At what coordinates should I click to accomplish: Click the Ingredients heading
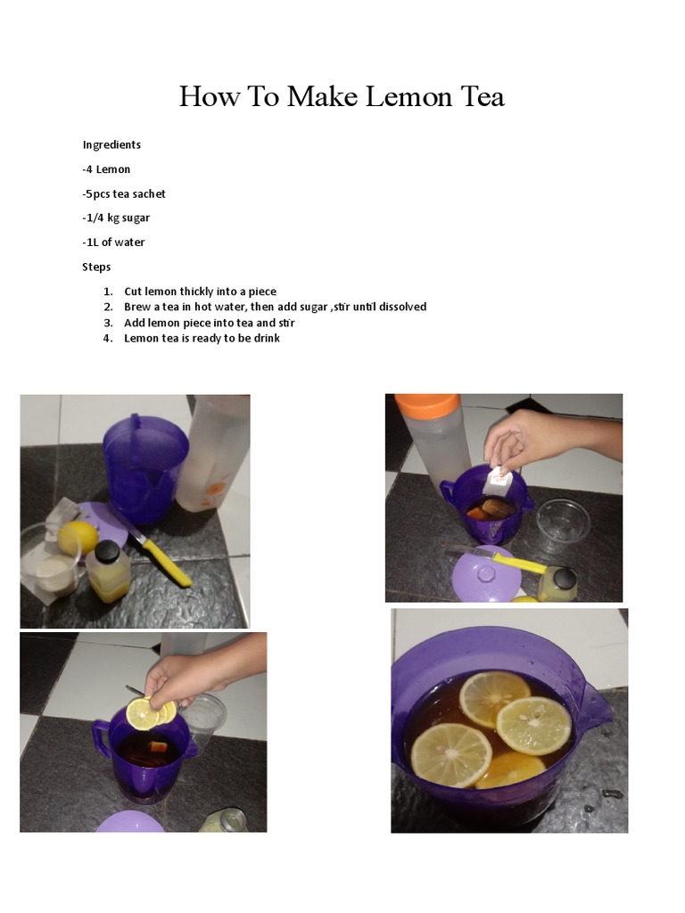111,144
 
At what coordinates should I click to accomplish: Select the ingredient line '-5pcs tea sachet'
124,193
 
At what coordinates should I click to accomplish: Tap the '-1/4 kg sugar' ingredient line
116,218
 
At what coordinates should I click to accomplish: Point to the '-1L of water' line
113,242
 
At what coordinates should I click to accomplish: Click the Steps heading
96,267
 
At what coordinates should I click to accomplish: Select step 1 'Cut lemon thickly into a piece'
200,292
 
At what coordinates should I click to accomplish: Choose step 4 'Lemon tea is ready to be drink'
202,338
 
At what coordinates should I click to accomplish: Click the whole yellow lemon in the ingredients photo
78,538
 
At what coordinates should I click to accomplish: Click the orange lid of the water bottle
427,406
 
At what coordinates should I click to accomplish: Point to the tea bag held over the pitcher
498,483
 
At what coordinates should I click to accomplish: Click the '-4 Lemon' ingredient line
107,169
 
